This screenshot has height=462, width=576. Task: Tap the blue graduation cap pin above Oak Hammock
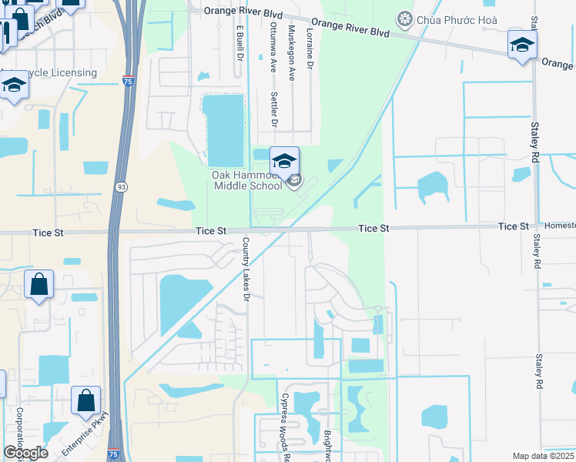[x=284, y=162]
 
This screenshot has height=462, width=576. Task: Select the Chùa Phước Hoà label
[x=457, y=19]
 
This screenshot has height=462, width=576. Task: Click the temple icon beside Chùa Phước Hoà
[x=403, y=18]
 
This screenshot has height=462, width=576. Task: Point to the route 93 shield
[x=122, y=187]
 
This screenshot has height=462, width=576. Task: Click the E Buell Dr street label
[x=240, y=43]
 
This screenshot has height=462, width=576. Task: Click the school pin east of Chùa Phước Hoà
[x=522, y=45]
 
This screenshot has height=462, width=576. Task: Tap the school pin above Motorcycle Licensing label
[x=14, y=86]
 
